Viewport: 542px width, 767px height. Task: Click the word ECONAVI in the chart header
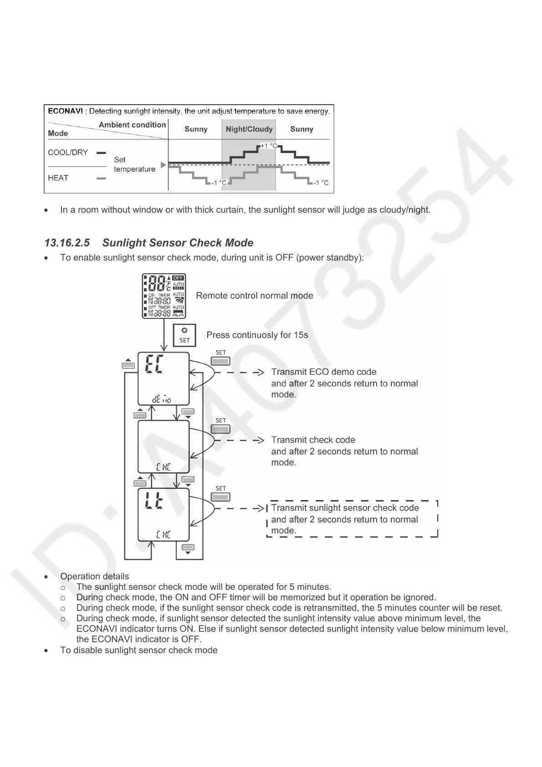point(66,111)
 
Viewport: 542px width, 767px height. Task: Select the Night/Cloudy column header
point(249,129)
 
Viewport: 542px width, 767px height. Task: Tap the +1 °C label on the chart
point(268,146)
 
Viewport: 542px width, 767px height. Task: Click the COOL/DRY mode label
point(68,153)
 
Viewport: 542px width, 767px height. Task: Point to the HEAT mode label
point(58,178)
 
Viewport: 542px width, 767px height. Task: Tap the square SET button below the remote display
point(184,335)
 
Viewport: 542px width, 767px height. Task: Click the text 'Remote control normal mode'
point(254,296)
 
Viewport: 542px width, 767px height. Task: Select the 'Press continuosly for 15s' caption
point(257,335)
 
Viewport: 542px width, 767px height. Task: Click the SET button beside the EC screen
point(220,361)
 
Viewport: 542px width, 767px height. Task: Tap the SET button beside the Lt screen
point(220,497)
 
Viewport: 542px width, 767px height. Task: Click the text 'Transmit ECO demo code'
point(323,372)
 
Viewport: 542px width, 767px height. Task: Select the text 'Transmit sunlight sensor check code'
point(345,508)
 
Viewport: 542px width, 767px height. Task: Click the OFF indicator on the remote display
point(178,278)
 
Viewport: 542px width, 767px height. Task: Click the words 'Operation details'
point(94,577)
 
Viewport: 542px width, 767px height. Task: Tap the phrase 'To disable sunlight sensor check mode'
point(138,650)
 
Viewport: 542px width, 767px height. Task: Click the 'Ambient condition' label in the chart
point(132,125)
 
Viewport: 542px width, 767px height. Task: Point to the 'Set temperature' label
point(134,164)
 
